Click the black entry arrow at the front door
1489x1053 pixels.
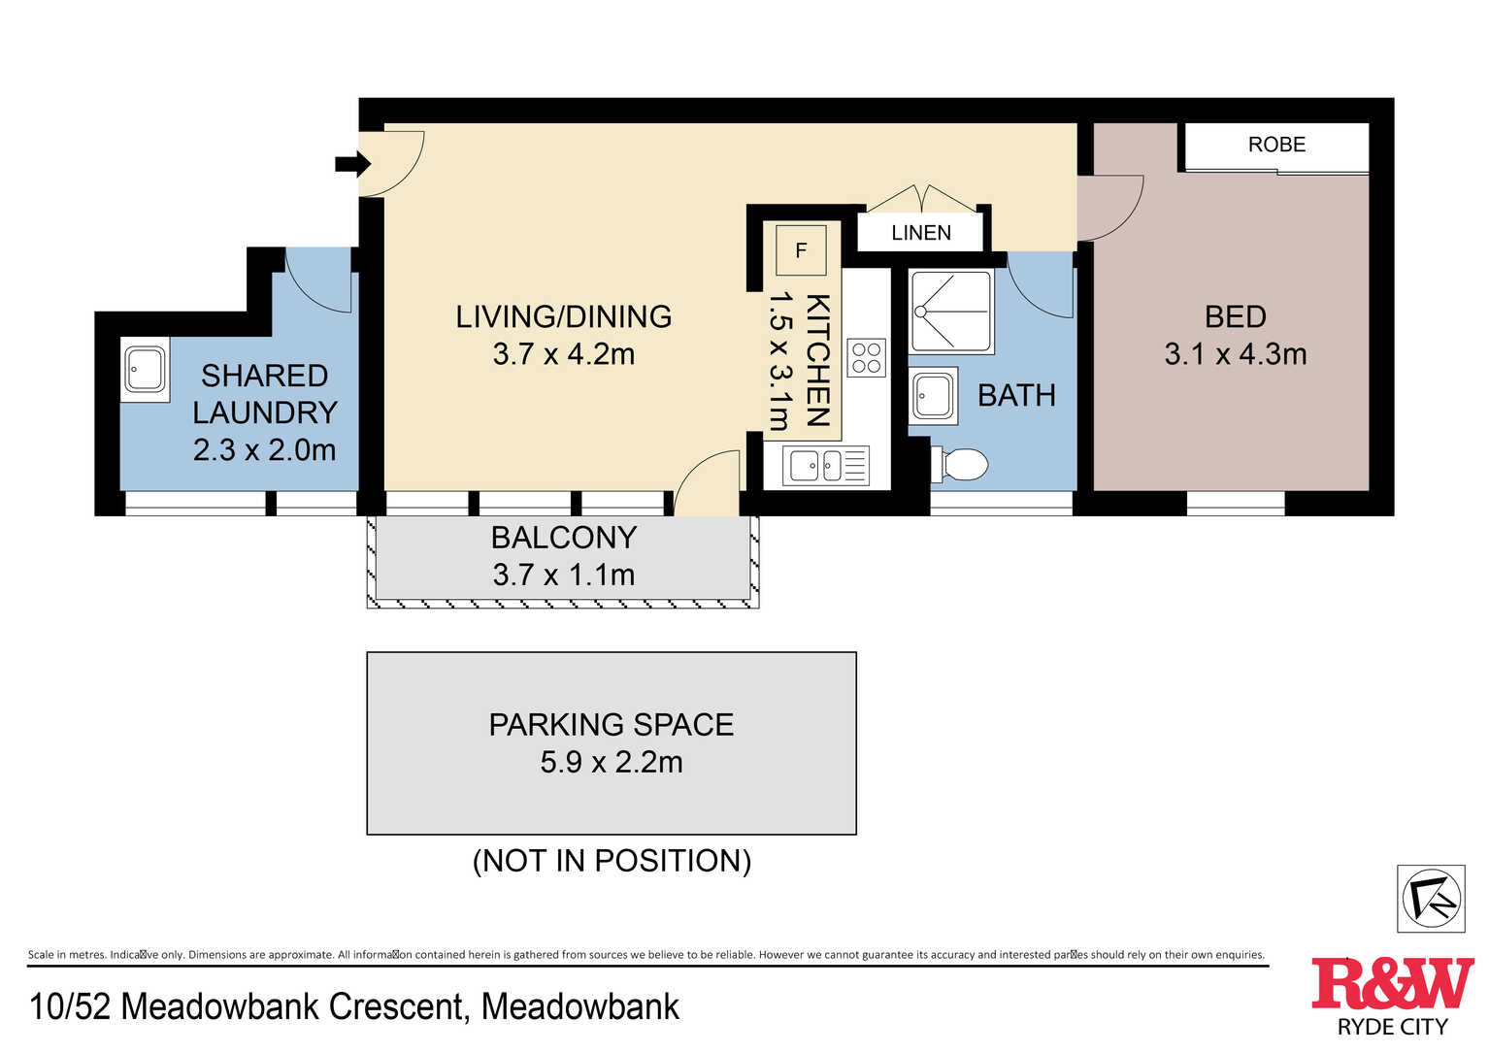click(352, 164)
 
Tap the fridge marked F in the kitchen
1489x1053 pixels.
click(801, 250)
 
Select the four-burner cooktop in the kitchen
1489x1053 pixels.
click(866, 358)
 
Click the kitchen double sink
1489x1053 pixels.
click(826, 465)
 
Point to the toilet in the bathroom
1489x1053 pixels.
click(959, 464)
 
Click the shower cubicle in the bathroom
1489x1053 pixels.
click(951, 312)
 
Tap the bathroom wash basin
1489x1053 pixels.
click(933, 396)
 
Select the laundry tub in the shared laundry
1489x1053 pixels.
click(145, 369)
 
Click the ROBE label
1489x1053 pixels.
click(1277, 145)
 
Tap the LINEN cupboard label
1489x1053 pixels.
click(920, 233)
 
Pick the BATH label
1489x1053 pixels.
click(1016, 396)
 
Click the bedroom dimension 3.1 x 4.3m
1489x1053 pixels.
click(1235, 354)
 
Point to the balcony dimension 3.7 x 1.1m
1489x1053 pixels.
click(564, 575)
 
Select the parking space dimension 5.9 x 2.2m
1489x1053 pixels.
click(612, 762)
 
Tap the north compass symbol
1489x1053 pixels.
click(1431, 899)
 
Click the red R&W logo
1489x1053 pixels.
click(1392, 983)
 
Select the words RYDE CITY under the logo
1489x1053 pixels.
click(1393, 1027)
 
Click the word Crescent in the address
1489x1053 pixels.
click(395, 1006)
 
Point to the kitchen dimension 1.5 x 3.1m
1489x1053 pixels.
click(779, 362)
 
